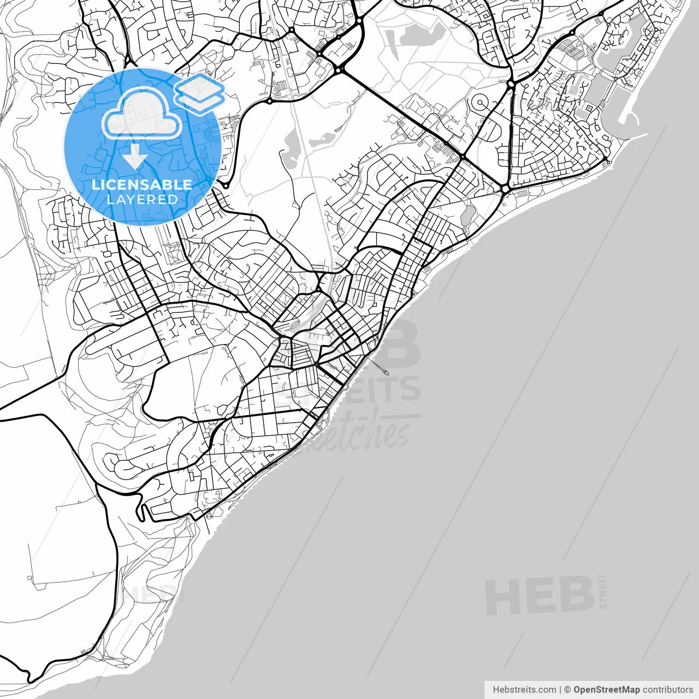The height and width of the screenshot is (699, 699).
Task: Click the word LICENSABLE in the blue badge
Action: tap(142, 185)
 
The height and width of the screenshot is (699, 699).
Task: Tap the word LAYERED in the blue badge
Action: tap(142, 199)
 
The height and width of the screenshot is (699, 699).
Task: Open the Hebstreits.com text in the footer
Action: tap(524, 690)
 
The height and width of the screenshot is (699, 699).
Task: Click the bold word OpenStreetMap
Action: tap(606, 690)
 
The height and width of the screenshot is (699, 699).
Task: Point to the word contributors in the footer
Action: tap(667, 690)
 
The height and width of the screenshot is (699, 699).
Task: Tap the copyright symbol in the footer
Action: tap(567, 690)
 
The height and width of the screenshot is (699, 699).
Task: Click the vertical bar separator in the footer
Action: tap(560, 690)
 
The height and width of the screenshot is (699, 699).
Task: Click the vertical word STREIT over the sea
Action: tap(603, 591)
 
